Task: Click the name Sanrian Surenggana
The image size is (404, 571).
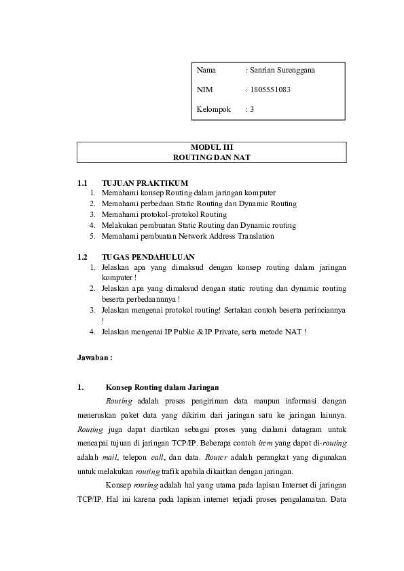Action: click(x=282, y=70)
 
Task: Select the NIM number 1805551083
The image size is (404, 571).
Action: click(x=270, y=90)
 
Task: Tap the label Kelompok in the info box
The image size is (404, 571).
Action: click(x=213, y=109)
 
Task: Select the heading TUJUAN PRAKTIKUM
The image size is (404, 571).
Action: click(x=145, y=182)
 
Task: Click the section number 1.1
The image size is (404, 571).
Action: click(x=83, y=182)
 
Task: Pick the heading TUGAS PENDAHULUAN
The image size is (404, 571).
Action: click(x=148, y=257)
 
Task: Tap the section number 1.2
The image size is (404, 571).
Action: click(x=83, y=257)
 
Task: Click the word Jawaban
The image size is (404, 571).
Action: click(x=94, y=356)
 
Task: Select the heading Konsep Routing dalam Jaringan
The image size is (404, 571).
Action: click(x=160, y=387)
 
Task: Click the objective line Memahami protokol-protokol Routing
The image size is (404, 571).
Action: click(x=164, y=214)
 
